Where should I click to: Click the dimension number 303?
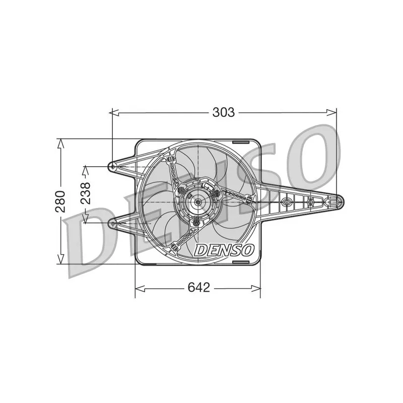point(223,112)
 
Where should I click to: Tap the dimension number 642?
point(198,288)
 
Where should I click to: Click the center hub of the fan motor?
point(198,203)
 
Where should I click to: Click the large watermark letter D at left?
point(93,242)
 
